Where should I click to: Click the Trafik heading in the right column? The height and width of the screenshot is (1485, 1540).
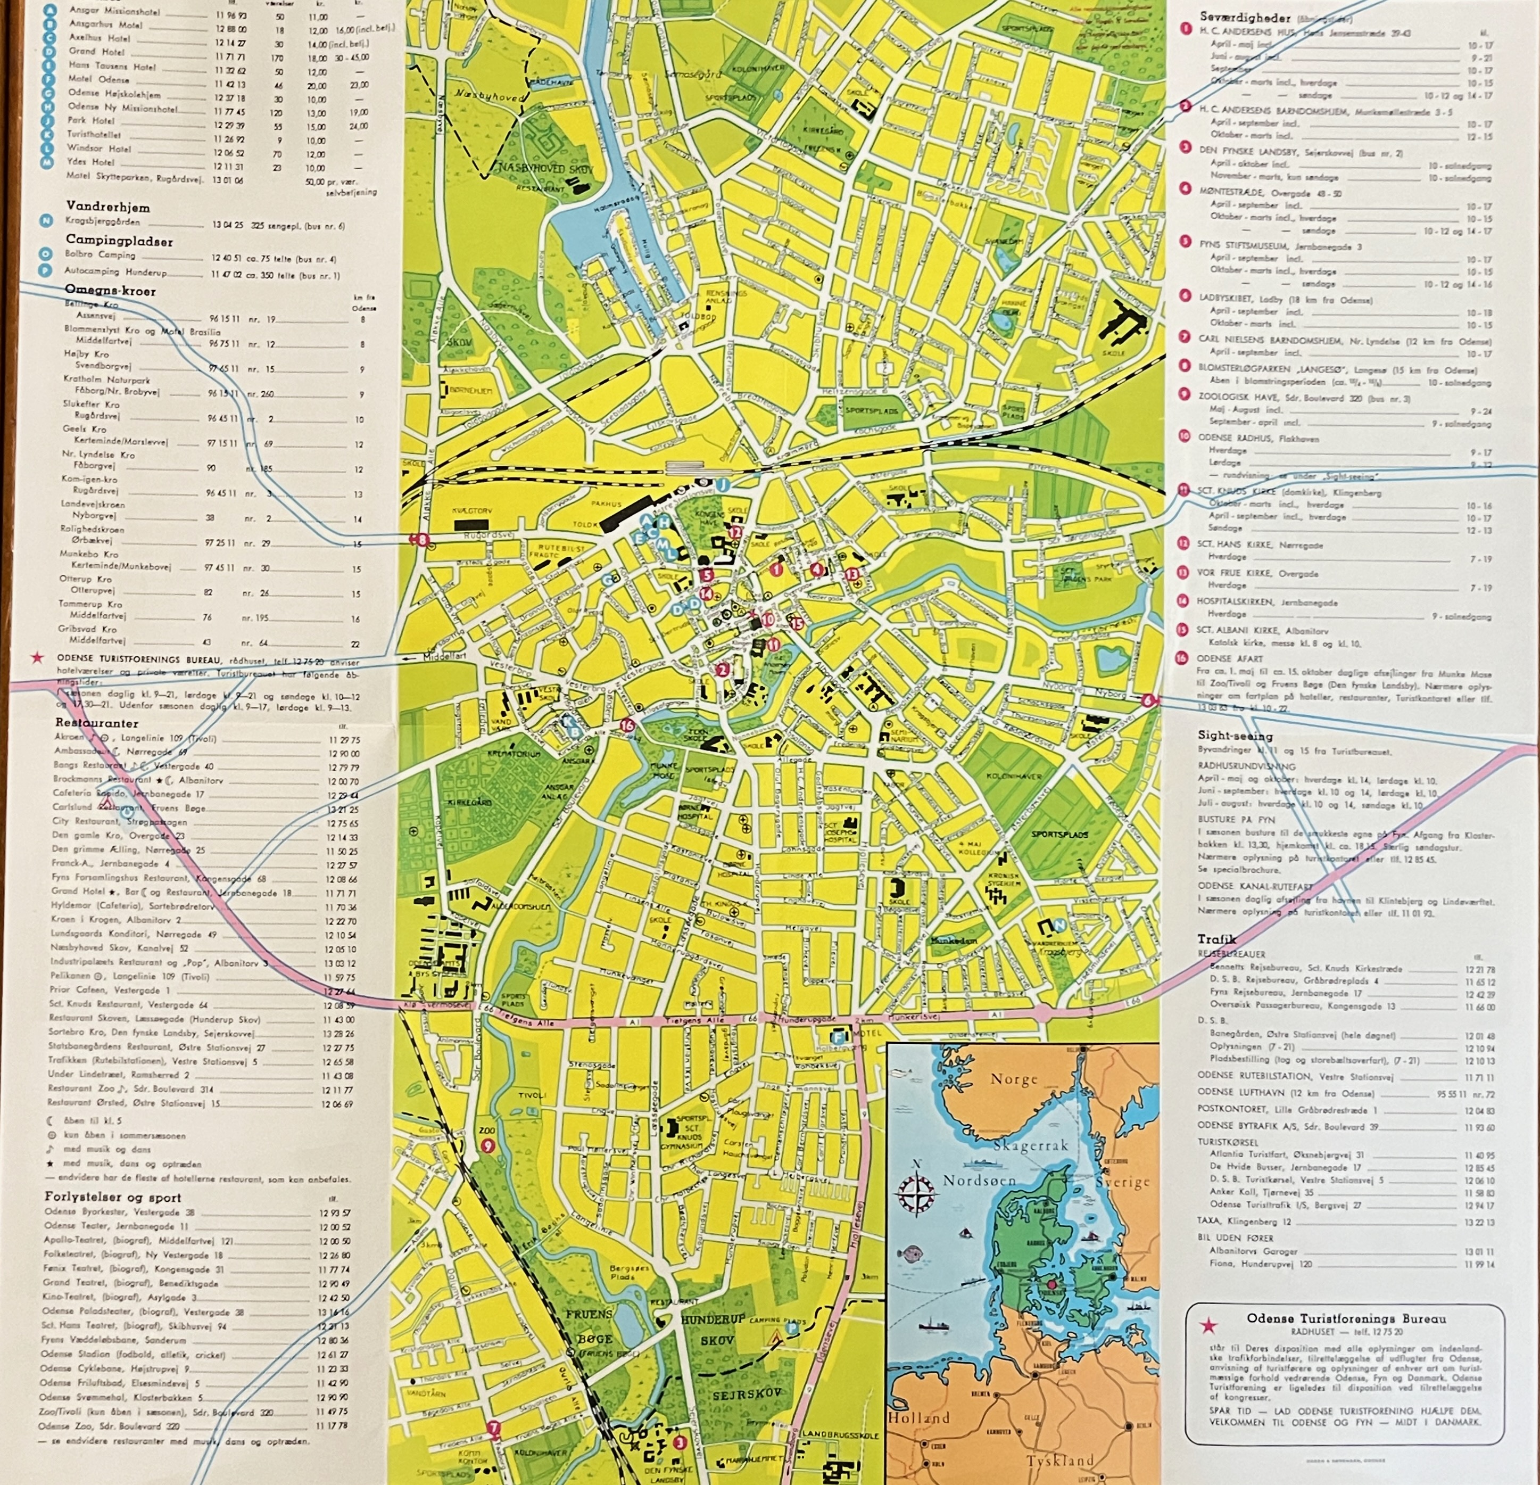coord(1216,939)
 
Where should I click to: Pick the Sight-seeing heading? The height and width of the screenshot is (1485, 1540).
coord(1235,736)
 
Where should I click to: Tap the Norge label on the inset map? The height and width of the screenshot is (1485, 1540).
coord(1014,1079)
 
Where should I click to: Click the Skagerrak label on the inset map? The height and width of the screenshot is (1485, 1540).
coord(1030,1145)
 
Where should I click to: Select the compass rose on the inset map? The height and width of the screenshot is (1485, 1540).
coord(915,1197)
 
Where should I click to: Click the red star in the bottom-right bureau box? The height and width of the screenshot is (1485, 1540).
coord(1208,1325)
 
